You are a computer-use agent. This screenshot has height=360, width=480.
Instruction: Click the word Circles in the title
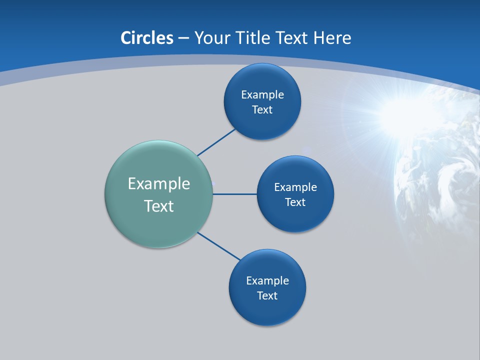tap(147, 38)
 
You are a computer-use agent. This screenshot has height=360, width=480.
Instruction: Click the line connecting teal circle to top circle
tap(216, 142)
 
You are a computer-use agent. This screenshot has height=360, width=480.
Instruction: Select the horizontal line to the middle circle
tap(235, 194)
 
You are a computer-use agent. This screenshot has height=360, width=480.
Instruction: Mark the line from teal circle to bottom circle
tap(219, 246)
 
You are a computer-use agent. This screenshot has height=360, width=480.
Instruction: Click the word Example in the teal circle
tap(159, 183)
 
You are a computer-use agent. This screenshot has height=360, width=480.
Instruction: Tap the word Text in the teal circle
tap(159, 206)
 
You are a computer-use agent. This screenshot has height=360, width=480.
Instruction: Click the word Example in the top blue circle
tap(262, 94)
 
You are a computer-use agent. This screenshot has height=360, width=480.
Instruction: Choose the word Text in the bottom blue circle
tap(267, 295)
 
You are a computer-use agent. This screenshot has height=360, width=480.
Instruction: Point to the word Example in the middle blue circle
tap(295, 187)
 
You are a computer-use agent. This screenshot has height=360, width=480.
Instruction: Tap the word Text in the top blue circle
tap(262, 109)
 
